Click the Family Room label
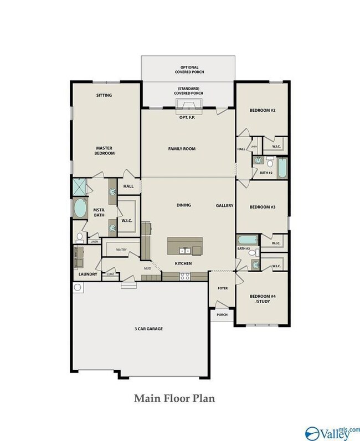tap(182, 149)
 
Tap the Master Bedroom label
tap(105, 151)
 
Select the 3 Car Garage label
tap(148, 329)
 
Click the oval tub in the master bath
tap(80, 208)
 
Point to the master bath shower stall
tap(79, 187)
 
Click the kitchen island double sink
tap(185, 250)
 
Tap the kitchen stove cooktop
tap(185, 276)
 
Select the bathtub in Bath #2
tap(282, 168)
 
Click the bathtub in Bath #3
tap(248, 240)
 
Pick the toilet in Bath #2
tap(270, 162)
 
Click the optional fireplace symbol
tap(189, 104)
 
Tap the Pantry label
tap(121, 250)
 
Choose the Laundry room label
tap(88, 274)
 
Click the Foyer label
tap(223, 288)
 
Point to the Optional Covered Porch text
tap(189, 70)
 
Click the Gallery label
tap(225, 206)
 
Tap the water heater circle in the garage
tap(78, 287)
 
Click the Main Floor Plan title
tap(174, 398)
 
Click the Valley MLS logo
tap(332, 433)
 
